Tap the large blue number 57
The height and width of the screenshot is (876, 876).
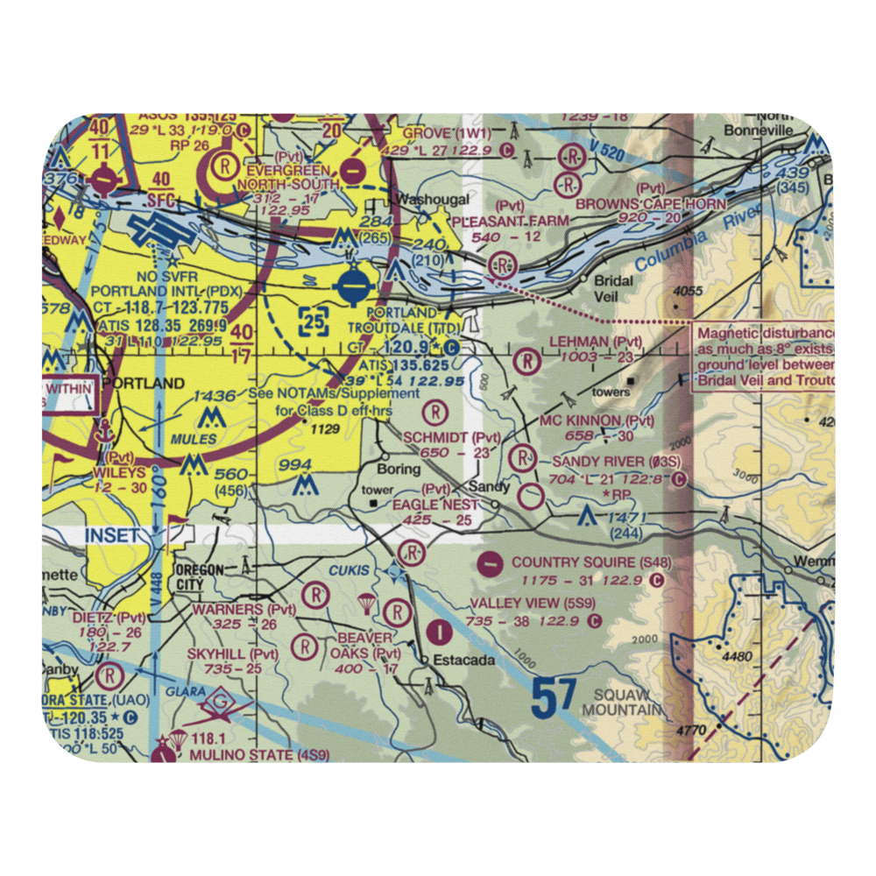554,699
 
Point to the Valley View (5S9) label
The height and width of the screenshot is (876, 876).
532,604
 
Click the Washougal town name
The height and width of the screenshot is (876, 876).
425,199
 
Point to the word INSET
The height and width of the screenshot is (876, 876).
112,535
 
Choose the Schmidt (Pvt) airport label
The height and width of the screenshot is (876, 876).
452,436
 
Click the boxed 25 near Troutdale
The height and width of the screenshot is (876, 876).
314,322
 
